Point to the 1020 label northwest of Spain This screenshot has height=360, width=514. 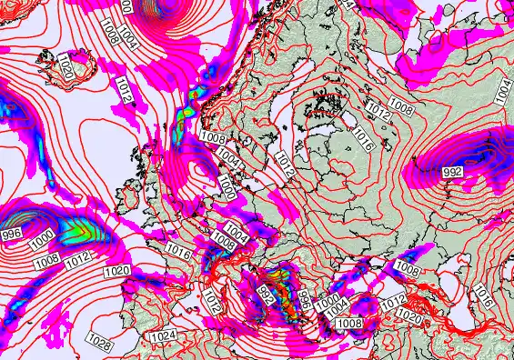tap(117, 272)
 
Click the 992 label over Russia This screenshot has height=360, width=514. tap(451, 172)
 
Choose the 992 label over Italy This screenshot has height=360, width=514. tap(267, 295)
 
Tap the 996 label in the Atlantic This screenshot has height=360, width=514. tap(12, 235)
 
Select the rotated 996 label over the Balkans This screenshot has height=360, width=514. tap(305, 300)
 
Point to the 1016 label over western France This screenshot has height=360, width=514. tap(177, 254)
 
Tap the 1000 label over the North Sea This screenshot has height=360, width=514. tap(227, 187)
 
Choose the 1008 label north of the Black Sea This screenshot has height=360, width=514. tap(408, 270)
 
